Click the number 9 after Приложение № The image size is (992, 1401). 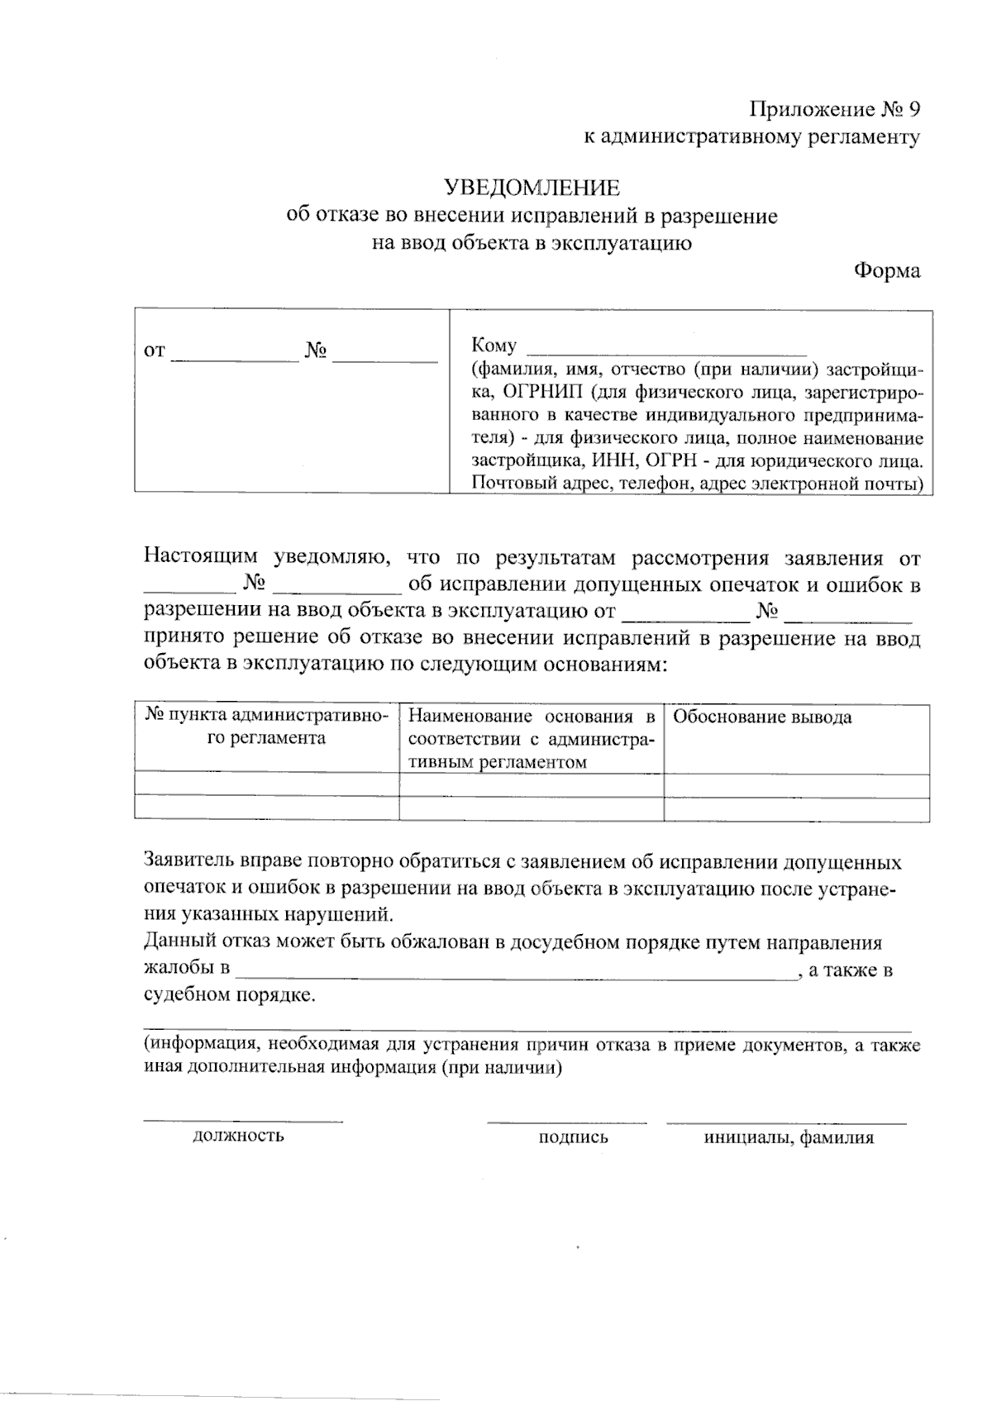pyautogui.click(x=913, y=109)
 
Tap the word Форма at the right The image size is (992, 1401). pyautogui.click(x=887, y=270)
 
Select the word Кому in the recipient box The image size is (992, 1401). pyautogui.click(x=494, y=345)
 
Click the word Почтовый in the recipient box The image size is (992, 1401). pyautogui.click(x=510, y=484)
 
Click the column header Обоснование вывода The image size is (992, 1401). pyautogui.click(x=761, y=717)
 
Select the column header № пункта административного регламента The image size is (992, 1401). pyautogui.click(x=266, y=727)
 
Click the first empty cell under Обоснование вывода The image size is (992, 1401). pyautogui.click(x=797, y=785)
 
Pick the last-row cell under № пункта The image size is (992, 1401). pyautogui.click(x=266, y=808)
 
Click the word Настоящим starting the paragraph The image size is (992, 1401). pyautogui.click(x=201, y=557)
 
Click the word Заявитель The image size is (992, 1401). pyautogui.click(x=188, y=862)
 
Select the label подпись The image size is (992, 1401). pyautogui.click(x=573, y=1137)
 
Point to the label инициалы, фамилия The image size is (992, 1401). pyautogui.click(x=788, y=1137)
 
